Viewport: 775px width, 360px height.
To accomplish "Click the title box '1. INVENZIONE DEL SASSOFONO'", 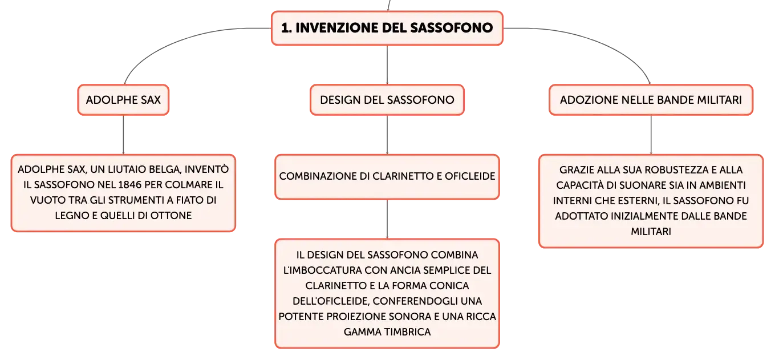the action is [x=387, y=28].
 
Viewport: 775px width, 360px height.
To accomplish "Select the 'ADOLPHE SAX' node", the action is [x=123, y=100].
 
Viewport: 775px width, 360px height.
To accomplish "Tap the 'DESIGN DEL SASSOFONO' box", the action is [x=387, y=100].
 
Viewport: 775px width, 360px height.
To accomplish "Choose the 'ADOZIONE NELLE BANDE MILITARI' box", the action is [x=651, y=100].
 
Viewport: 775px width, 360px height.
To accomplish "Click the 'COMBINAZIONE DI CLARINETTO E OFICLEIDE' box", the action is [x=387, y=177].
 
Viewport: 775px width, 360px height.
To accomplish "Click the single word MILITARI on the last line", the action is [x=651, y=231].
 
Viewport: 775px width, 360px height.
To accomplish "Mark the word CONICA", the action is [x=449, y=286].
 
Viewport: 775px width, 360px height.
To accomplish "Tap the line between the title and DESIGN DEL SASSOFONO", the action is [x=387, y=65].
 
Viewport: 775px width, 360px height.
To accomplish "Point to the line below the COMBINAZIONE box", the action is [x=387, y=219].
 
